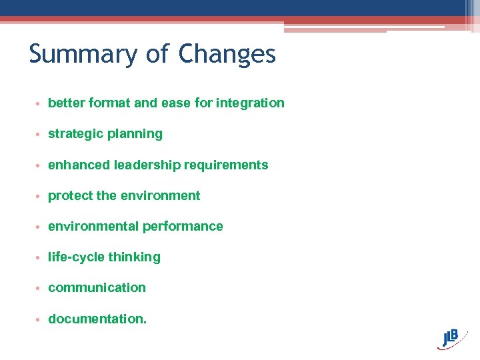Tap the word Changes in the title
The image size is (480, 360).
click(227, 54)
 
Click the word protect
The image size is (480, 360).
click(71, 195)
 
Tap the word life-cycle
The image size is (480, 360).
click(77, 257)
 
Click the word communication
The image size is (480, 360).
click(97, 287)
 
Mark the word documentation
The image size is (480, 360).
click(96, 319)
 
